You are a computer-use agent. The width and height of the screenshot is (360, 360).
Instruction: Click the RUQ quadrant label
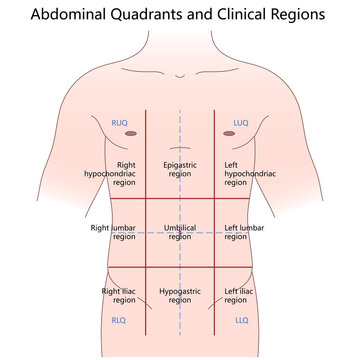pos(119,123)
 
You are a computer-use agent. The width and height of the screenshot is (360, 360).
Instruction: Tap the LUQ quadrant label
pos(240,123)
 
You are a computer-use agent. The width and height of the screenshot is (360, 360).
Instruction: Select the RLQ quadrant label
pos(119,321)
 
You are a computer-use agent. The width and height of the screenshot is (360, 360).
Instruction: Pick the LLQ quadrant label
pos(240,321)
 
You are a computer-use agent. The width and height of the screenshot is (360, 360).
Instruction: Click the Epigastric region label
pos(180,169)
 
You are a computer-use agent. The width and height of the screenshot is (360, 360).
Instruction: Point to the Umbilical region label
pos(180,232)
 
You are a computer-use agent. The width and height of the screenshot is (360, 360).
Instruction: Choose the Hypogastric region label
pos(180,296)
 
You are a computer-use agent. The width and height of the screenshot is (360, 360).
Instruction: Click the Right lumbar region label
pos(112,232)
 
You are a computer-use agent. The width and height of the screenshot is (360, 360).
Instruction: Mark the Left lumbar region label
pos(246,232)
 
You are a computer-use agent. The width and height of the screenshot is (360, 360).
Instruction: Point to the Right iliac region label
pos(119,296)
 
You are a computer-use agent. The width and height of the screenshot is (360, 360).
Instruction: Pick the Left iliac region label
pos(241,296)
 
